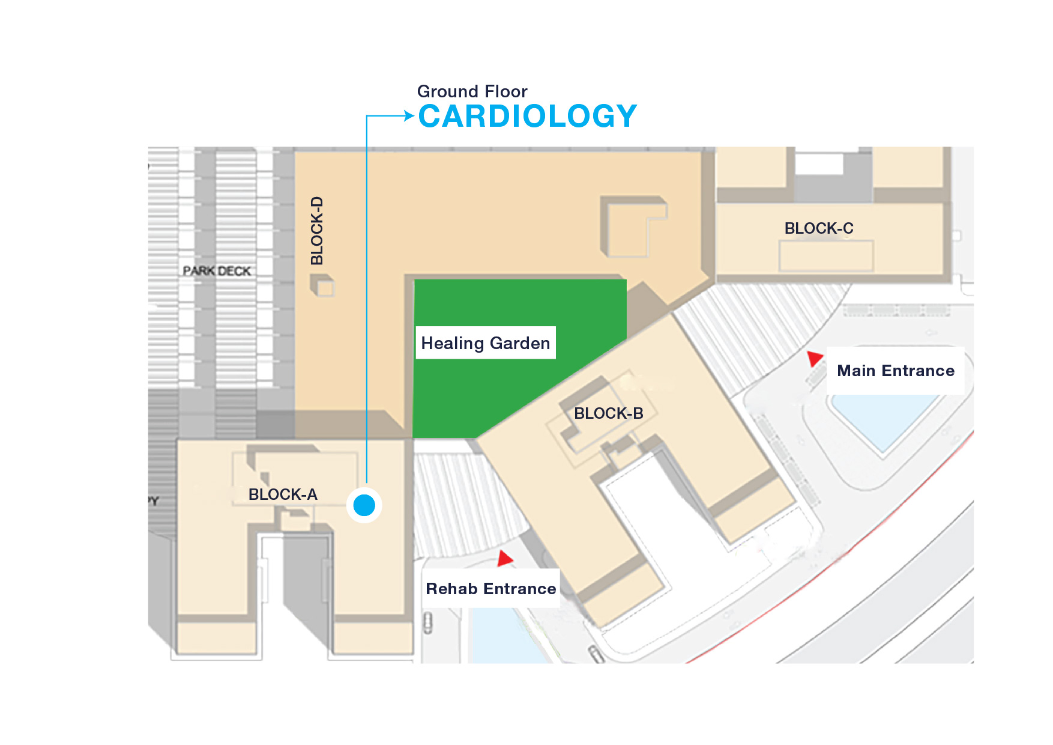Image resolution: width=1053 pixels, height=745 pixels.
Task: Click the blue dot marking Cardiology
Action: [364, 505]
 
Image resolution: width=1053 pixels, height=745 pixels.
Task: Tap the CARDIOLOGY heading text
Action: [528, 116]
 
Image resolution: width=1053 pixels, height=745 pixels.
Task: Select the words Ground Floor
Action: [472, 91]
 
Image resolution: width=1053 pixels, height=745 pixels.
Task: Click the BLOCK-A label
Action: [283, 494]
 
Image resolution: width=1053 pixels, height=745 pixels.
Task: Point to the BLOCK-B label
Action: [608, 413]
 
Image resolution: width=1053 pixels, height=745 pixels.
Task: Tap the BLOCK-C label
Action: [819, 228]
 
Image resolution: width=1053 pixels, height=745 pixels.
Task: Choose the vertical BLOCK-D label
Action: [317, 231]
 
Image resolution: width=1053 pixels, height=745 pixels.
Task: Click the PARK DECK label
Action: [217, 271]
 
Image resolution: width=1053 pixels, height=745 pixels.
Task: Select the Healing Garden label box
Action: [486, 343]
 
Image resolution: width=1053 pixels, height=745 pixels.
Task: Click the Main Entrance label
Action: [896, 371]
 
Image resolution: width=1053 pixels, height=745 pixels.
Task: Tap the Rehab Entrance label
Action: [491, 589]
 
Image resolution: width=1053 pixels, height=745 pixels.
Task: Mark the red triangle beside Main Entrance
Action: [815, 358]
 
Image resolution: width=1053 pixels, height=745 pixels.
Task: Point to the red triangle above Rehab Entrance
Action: [505, 559]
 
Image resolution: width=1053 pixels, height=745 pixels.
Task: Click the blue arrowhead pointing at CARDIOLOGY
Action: [409, 115]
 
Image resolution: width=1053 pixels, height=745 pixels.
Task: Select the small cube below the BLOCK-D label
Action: [322, 285]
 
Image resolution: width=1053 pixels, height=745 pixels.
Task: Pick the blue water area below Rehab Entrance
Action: [507, 637]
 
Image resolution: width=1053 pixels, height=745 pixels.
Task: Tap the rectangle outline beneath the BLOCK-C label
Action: [826, 257]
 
